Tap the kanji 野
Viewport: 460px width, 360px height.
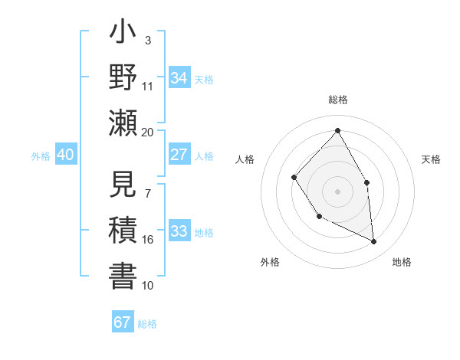pyautogui.click(x=123, y=77)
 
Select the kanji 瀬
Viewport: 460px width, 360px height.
pyautogui.click(x=123, y=123)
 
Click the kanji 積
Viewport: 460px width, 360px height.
pyautogui.click(x=123, y=231)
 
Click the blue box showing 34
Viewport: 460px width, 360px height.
pyautogui.click(x=179, y=77)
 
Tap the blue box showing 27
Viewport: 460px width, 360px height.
pyautogui.click(x=179, y=155)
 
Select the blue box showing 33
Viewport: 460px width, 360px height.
pyautogui.click(x=179, y=231)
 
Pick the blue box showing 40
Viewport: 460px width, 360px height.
pyautogui.click(x=65, y=155)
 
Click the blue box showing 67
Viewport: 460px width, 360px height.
pyautogui.click(x=123, y=322)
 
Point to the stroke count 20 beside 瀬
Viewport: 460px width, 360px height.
pyautogui.click(x=147, y=132)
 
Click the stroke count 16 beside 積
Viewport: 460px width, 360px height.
pyautogui.click(x=147, y=240)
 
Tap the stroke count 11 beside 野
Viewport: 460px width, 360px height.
pyautogui.click(x=147, y=86)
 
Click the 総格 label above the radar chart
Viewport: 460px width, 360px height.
pyautogui.click(x=337, y=100)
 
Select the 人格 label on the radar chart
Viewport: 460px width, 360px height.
pyautogui.click(x=245, y=159)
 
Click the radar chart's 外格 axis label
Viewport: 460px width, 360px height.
pyautogui.click(x=270, y=262)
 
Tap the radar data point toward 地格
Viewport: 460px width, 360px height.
pyautogui.click(x=374, y=241)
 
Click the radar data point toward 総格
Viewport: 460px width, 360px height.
pyautogui.click(x=337, y=130)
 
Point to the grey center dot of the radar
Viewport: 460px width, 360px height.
pyautogui.click(x=337, y=191)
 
